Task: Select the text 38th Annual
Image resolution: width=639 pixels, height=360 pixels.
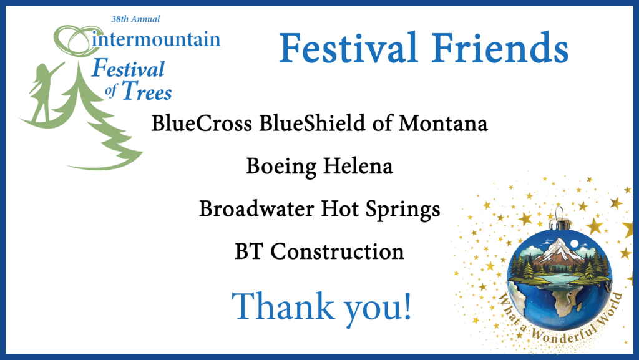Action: click(135, 19)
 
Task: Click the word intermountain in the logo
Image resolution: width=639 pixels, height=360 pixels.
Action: click(157, 39)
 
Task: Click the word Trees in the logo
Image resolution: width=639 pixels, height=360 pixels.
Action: click(147, 91)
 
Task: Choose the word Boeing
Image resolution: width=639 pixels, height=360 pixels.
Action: click(281, 167)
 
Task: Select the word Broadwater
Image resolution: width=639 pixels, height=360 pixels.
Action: click(256, 209)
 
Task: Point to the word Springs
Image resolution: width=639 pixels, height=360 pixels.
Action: click(402, 210)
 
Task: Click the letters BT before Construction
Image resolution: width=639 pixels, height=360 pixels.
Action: click(248, 251)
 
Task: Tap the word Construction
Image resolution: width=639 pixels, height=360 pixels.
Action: click(337, 251)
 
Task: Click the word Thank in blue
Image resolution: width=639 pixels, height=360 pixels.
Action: click(283, 306)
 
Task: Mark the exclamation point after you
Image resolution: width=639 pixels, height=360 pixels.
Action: click(406, 306)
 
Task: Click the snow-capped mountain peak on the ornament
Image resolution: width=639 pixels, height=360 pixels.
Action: click(559, 246)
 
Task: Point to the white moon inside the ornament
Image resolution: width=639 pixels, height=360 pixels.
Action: click(574, 243)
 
